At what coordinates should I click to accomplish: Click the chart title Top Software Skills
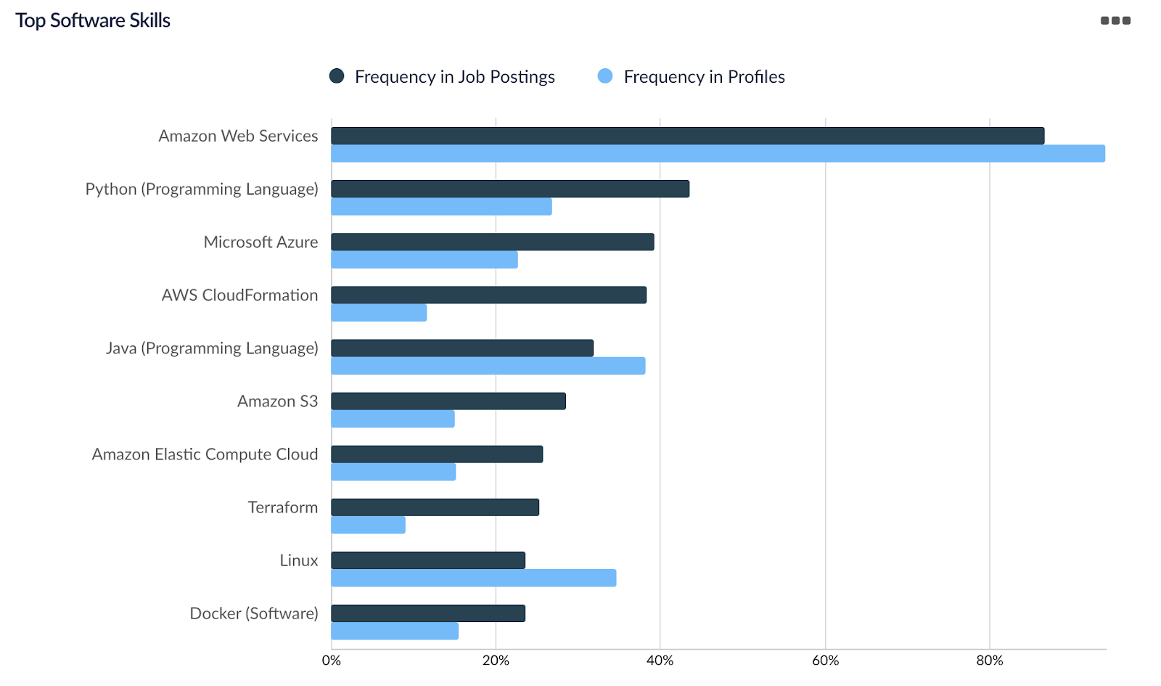93,20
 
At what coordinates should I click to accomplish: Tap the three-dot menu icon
1115,20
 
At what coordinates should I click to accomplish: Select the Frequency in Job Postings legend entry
443,77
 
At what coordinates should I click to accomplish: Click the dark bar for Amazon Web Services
687,136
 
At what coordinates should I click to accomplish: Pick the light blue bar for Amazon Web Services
718,154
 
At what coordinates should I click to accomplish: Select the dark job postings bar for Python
510,189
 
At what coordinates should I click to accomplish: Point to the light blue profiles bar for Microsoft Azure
424,260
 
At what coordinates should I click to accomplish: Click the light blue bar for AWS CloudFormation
379,313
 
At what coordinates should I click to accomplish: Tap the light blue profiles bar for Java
488,366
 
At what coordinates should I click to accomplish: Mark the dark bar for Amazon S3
448,401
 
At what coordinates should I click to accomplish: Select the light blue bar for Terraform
368,525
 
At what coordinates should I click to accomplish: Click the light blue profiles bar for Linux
474,578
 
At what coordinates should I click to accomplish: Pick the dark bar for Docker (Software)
428,613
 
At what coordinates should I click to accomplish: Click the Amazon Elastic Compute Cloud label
205,454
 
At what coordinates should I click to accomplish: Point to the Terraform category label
283,507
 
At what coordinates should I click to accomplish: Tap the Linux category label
299,560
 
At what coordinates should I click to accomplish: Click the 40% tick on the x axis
660,661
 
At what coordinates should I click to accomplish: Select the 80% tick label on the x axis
990,661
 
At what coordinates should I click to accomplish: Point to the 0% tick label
332,661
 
